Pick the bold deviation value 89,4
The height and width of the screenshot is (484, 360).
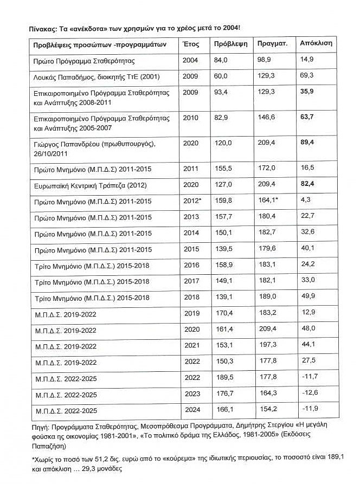307,142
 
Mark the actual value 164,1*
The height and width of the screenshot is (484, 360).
269,201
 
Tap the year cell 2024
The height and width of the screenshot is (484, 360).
192,409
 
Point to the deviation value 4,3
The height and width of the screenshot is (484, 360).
305,201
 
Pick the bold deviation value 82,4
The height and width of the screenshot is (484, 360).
307,185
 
